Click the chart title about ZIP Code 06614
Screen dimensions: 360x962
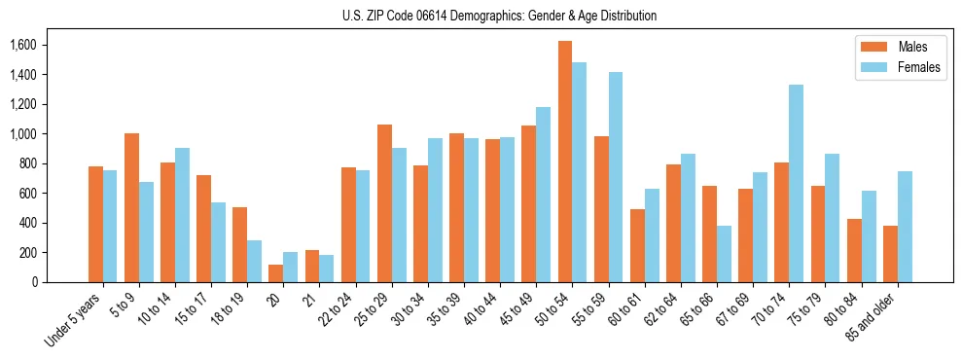pyautogui.click(x=499, y=16)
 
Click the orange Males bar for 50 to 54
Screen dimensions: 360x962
pyautogui.click(x=565, y=162)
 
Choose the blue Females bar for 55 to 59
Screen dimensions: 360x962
pyautogui.click(x=616, y=177)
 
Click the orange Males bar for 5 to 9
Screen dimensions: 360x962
pyautogui.click(x=131, y=207)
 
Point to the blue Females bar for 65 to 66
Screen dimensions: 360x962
pyautogui.click(x=724, y=254)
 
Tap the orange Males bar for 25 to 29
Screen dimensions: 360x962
pyautogui.click(x=384, y=203)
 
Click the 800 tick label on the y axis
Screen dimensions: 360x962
pyautogui.click(x=26, y=163)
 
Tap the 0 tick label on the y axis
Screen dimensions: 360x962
pyautogui.click(x=34, y=282)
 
